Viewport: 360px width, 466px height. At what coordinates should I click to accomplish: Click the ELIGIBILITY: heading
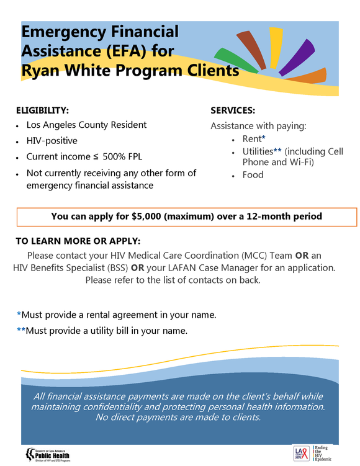pyautogui.click(x=42, y=110)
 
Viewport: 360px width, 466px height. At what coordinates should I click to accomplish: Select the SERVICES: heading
pyautogui.click(x=233, y=110)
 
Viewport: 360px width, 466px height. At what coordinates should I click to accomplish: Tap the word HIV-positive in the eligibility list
pyautogui.click(x=52, y=141)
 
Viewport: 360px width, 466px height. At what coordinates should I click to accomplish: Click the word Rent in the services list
pyautogui.click(x=251, y=139)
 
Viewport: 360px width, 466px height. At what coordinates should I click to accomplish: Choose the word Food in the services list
pyautogui.click(x=253, y=174)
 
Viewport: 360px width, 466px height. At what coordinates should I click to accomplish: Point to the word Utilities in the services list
pyautogui.click(x=257, y=151)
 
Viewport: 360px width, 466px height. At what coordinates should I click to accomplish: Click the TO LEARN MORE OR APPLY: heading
pyautogui.click(x=78, y=241)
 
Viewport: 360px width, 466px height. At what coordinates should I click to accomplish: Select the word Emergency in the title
pyautogui.click(x=62, y=32)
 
